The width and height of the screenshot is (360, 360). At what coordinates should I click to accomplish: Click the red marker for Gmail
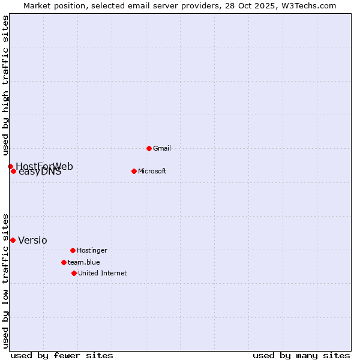coord(149,148)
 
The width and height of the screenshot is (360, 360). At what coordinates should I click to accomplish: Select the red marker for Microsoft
coord(134,171)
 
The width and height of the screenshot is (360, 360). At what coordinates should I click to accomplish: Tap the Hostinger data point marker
coord(73,250)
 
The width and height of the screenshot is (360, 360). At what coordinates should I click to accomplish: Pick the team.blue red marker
coord(64,262)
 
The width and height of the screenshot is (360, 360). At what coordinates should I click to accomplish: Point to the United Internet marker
coord(74,273)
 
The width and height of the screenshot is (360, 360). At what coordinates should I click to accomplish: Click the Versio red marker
coord(13,240)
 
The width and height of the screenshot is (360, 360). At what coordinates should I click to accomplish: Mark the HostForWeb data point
coord(10,166)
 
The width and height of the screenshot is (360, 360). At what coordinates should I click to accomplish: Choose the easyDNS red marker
coord(13,171)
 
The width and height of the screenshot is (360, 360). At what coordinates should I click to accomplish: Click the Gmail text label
coord(162,148)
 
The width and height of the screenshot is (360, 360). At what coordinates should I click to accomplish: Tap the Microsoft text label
coord(152,171)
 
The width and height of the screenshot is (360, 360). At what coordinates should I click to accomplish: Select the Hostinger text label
coord(92,250)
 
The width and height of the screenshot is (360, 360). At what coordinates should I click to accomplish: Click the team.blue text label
coord(83,262)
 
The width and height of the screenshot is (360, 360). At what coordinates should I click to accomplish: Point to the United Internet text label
coord(102,273)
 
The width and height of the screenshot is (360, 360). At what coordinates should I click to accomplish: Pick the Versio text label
coord(32,240)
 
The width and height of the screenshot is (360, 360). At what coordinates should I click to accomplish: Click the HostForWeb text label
coord(44,166)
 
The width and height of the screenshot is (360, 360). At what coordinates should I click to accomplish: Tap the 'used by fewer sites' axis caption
coord(62,355)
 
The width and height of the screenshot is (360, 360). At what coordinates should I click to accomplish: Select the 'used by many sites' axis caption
coord(301,355)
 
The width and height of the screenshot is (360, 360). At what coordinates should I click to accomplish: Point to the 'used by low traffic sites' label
coord(5,280)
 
